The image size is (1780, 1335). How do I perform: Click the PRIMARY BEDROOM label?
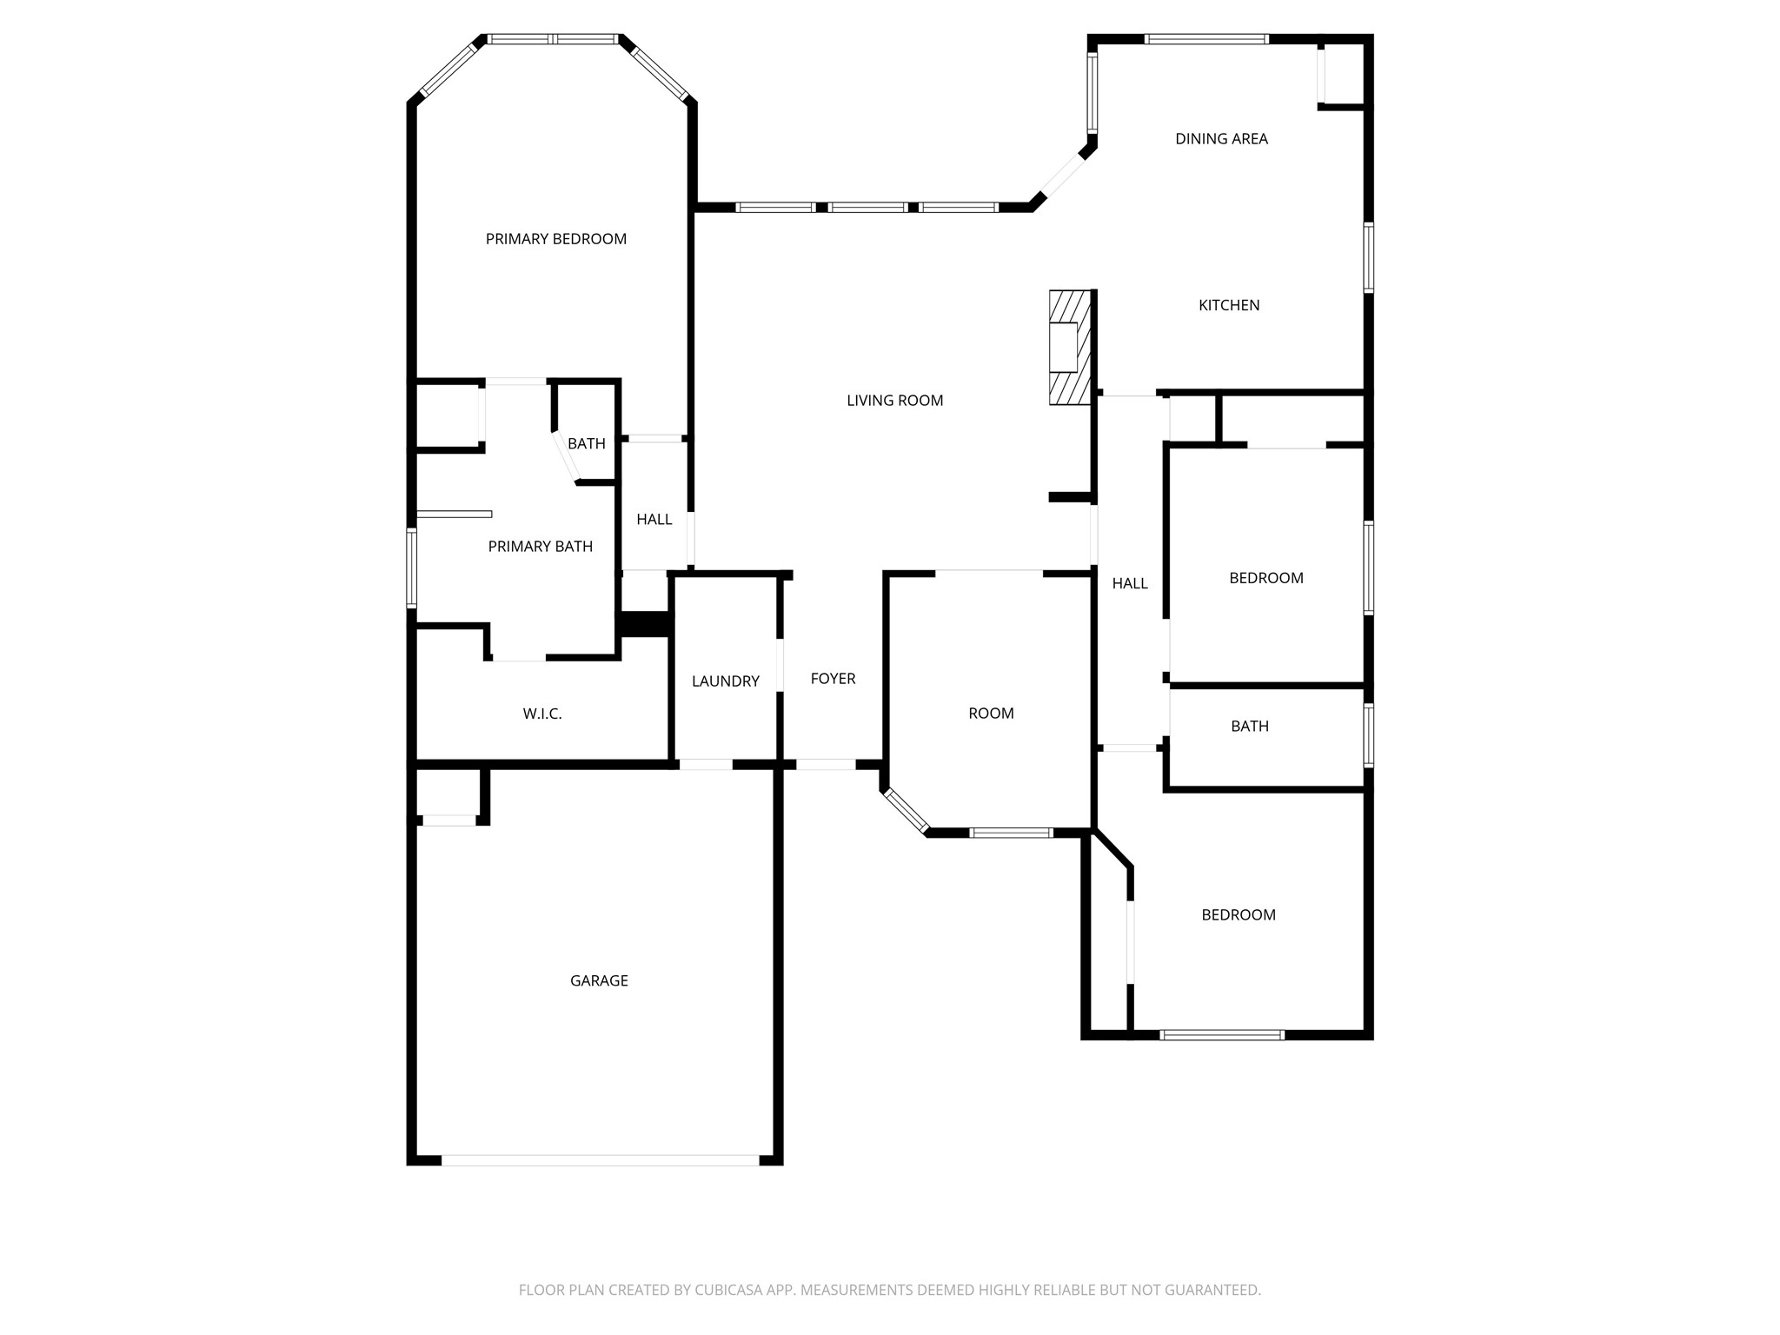(555, 239)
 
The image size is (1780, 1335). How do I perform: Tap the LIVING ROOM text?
(894, 401)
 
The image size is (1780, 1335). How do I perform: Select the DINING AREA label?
(1221, 139)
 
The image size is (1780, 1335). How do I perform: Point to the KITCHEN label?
(1229, 305)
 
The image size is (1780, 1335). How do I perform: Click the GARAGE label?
(599, 980)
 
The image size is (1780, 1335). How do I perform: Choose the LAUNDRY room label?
(725, 681)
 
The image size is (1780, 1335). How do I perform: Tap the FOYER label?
(833, 679)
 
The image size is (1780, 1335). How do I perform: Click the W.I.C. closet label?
(542, 714)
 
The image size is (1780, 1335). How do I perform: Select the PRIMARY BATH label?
(540, 547)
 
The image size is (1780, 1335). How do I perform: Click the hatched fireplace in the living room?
(1069, 348)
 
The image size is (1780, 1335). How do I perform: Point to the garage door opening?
(600, 1159)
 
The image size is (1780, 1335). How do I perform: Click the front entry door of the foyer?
(826, 765)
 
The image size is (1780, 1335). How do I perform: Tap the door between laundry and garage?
(705, 765)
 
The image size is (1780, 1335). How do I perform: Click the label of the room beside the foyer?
(991, 714)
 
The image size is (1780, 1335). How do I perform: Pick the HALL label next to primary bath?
(654, 520)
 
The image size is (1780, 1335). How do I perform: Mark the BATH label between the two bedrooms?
(1249, 727)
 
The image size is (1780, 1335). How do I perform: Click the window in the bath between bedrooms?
(1369, 735)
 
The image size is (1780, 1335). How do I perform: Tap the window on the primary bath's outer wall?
(412, 568)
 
